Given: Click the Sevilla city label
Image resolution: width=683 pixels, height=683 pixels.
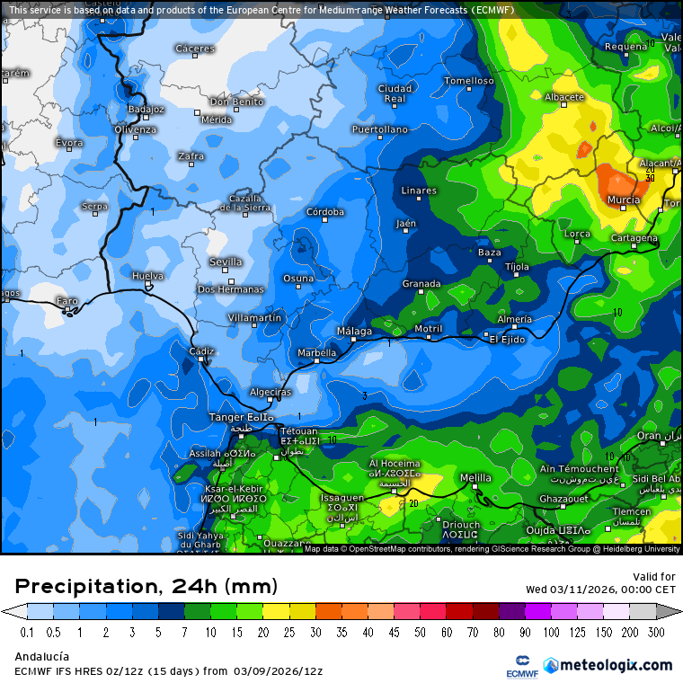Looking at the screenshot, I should pyautogui.click(x=226, y=262).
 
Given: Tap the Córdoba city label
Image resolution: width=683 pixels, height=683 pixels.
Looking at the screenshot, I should pyautogui.click(x=325, y=212).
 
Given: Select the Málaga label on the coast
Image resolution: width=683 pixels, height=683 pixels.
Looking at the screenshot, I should pyautogui.click(x=354, y=331).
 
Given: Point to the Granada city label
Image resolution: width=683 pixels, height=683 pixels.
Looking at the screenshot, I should pyautogui.click(x=421, y=284).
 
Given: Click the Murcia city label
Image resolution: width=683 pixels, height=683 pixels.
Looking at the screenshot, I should pyautogui.click(x=623, y=200).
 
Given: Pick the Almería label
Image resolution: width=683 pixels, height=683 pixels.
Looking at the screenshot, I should pyautogui.click(x=514, y=319).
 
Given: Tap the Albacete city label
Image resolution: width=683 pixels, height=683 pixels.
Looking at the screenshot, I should pyautogui.click(x=564, y=97).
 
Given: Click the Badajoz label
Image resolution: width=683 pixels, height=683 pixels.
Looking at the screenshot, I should pyautogui.click(x=146, y=109).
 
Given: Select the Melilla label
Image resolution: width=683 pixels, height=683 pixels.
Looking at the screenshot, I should pyautogui.click(x=475, y=477).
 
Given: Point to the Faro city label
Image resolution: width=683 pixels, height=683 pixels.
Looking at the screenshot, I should pyautogui.click(x=67, y=300).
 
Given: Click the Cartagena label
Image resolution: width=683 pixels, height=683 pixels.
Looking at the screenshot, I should pyautogui.click(x=633, y=239).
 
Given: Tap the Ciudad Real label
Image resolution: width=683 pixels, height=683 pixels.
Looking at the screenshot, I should pyautogui.click(x=395, y=93).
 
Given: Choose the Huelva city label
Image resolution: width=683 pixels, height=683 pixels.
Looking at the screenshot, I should pyautogui.click(x=147, y=276).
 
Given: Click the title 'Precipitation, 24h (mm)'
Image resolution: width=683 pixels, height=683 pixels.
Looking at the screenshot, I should pyautogui.click(x=146, y=587).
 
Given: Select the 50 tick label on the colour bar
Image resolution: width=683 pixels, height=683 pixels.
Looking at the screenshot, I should pyautogui.click(x=421, y=632).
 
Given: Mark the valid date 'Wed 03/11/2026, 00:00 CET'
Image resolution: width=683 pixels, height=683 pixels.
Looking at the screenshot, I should pyautogui.click(x=600, y=590).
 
